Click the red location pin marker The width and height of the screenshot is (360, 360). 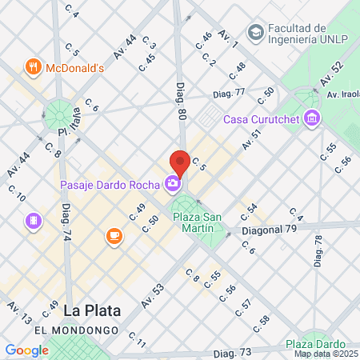point(180,162)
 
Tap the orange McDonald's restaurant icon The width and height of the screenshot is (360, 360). point(32,68)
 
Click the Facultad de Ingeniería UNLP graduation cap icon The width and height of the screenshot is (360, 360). point(255,33)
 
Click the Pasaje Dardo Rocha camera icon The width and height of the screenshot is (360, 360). point(173,185)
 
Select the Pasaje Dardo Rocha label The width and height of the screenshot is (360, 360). point(110,185)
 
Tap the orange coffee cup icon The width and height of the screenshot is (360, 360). point(114,236)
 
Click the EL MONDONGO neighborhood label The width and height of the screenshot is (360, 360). point(77,330)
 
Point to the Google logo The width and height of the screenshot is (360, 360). point(26,350)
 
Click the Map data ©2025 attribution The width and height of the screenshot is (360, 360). point(326,354)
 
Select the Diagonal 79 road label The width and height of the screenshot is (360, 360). point(270,229)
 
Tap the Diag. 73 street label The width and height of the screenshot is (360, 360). point(233,352)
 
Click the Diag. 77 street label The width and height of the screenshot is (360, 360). point(229,94)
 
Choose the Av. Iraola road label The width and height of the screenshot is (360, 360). point(342,94)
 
